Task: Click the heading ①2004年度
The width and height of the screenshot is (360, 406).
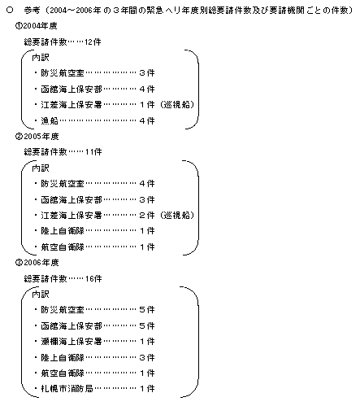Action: pyautogui.click(x=37, y=26)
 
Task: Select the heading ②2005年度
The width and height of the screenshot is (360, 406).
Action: pyautogui.click(x=37, y=136)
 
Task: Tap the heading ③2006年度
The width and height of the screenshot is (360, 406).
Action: pyautogui.click(x=37, y=263)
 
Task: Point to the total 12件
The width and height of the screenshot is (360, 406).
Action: pyautogui.click(x=93, y=42)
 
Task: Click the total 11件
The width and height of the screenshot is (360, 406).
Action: pyautogui.click(x=93, y=152)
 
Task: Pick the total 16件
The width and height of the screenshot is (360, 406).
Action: pyautogui.click(x=93, y=278)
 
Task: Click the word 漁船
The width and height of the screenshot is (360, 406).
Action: pyautogui.click(x=50, y=120)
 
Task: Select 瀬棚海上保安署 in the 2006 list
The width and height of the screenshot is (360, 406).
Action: pyautogui.click(x=72, y=341)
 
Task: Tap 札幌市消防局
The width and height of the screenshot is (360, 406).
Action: pyautogui.click(x=67, y=389)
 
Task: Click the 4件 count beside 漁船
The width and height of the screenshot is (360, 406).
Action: pyautogui.click(x=147, y=120)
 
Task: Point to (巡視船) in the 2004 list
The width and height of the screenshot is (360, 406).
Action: pyautogui.click(x=177, y=105)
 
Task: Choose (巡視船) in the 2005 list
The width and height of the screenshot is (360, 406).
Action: pyautogui.click(x=177, y=216)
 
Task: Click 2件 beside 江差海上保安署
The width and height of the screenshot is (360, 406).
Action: pyautogui.click(x=147, y=216)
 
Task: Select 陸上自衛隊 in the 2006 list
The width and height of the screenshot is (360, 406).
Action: pyautogui.click(x=63, y=357)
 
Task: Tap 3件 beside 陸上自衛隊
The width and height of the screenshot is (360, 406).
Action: pyautogui.click(x=147, y=357)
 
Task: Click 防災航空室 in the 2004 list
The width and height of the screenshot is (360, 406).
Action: pyautogui.click(x=63, y=73)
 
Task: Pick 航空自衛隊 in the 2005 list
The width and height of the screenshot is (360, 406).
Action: pyautogui.click(x=63, y=247)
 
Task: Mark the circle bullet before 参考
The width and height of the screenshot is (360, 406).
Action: pyautogui.click(x=10, y=11)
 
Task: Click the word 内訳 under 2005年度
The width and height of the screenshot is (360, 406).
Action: pyautogui.click(x=41, y=168)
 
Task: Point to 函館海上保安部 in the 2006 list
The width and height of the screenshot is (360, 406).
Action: pyautogui.click(x=72, y=325)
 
